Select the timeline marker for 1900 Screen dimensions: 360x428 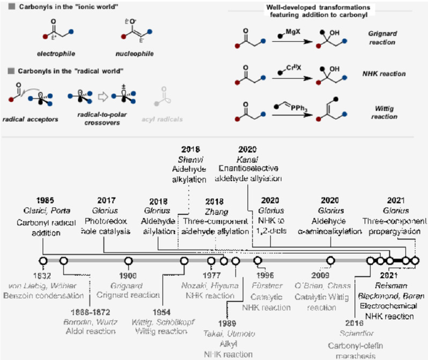[129, 261]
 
